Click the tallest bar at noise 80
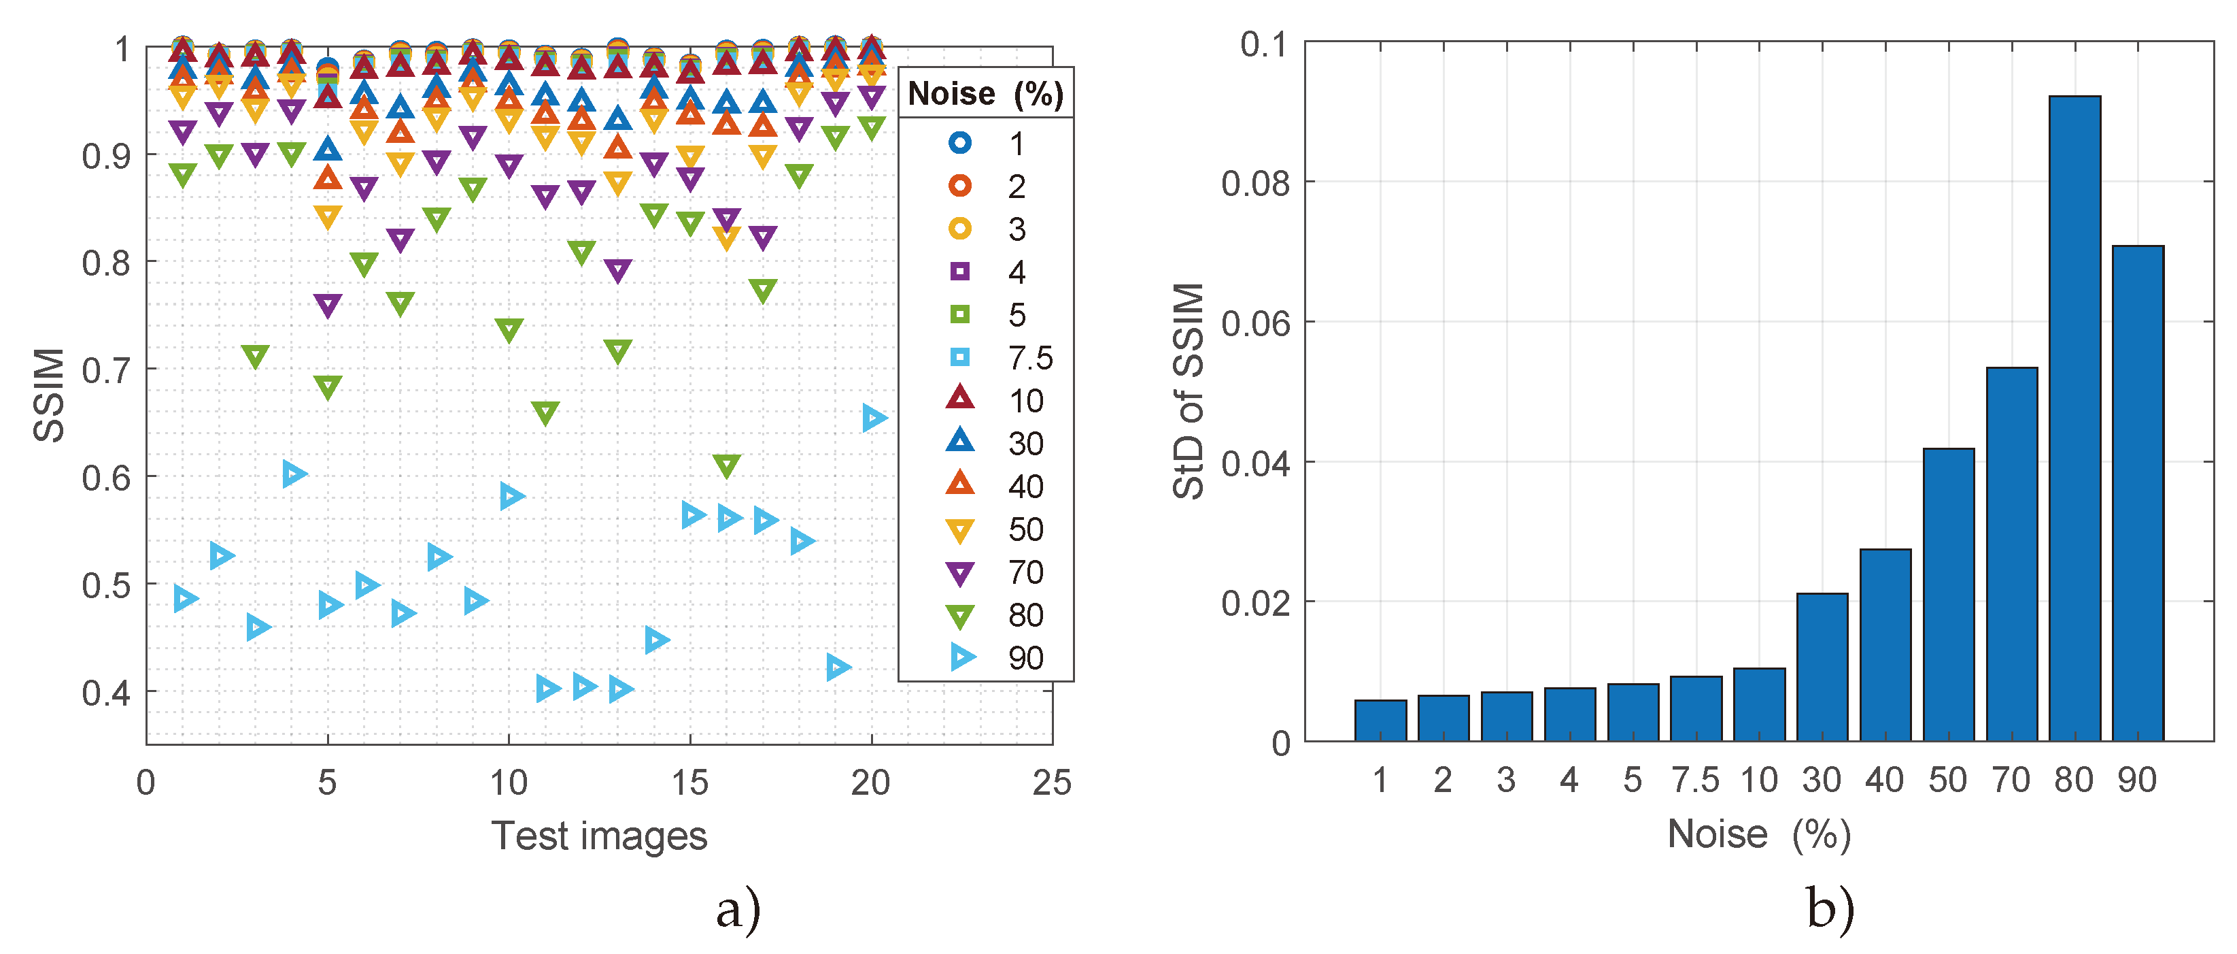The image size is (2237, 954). [2074, 417]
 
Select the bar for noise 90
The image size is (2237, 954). [2137, 493]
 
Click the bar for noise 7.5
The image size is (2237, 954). [1695, 708]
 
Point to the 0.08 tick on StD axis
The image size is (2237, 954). [1255, 183]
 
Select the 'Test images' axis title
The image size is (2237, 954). [598, 836]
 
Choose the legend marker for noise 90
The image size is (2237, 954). [961, 657]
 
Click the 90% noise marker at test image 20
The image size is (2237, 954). [874, 418]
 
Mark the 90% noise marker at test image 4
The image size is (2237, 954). [294, 474]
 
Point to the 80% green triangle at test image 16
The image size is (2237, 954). [726, 465]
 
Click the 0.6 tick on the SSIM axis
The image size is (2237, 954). [106, 478]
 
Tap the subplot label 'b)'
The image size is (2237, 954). [1830, 910]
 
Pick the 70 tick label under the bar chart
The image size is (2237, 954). [2011, 780]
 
